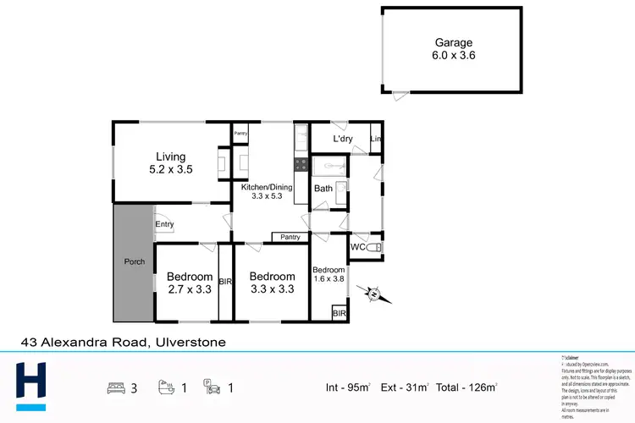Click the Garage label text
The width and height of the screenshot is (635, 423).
[454, 42]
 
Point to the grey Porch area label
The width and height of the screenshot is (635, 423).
[135, 261]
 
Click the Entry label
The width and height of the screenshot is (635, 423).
[163, 223]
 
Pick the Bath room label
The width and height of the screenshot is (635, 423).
[323, 189]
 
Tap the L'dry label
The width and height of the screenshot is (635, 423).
[343, 139]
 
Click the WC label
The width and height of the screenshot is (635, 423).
[359, 247]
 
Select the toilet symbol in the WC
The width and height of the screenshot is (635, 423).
[377, 246]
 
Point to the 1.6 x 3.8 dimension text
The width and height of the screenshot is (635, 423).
[330, 279]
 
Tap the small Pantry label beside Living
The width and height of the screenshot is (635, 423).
[240, 134]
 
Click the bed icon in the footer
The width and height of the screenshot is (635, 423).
[116, 388]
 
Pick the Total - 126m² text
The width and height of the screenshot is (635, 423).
[467, 388]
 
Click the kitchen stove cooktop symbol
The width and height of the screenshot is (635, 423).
[299, 164]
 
